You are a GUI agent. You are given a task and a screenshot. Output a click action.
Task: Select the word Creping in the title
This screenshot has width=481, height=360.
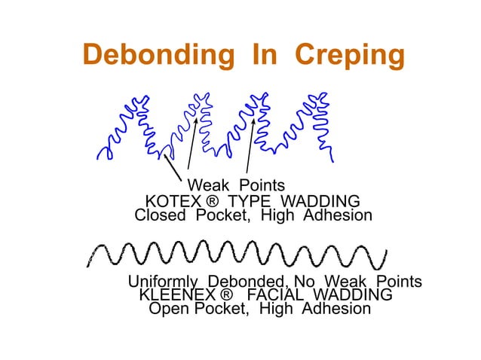pyautogui.click(x=350, y=55)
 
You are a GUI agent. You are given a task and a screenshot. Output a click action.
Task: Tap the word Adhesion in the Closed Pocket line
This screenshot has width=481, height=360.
pyautogui.click(x=337, y=216)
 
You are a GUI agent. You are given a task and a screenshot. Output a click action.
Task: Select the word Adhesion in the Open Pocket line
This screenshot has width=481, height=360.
pyautogui.click(x=335, y=309)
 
